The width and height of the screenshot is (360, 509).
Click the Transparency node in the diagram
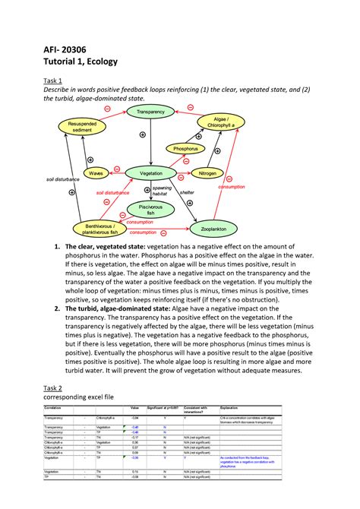(150, 112)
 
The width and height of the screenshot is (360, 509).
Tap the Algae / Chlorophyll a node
(223, 122)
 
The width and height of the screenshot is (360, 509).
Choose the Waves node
(96, 174)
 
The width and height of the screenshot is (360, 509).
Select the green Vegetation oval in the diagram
(150, 174)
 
